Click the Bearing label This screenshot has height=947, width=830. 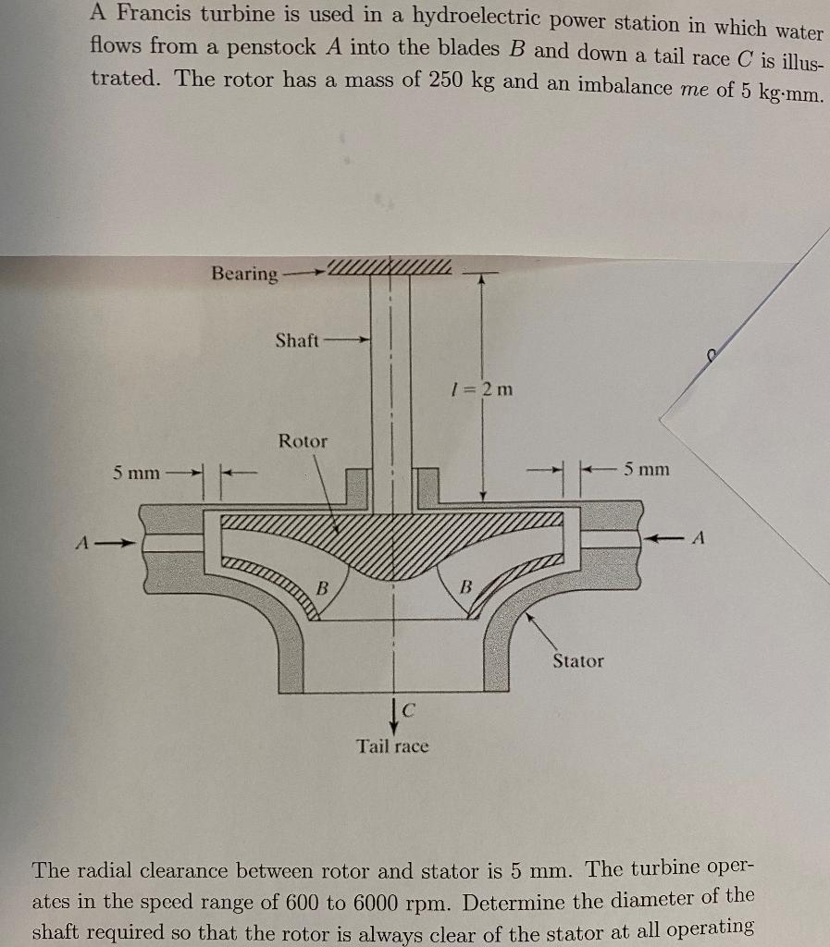pyautogui.click(x=244, y=274)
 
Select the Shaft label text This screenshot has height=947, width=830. pyautogui.click(x=297, y=340)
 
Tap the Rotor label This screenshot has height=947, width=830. pyautogui.click(x=303, y=441)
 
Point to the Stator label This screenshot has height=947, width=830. pyautogui.click(x=577, y=660)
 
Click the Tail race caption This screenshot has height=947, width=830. pyautogui.click(x=393, y=745)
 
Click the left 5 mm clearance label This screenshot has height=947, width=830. pyautogui.click(x=136, y=473)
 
